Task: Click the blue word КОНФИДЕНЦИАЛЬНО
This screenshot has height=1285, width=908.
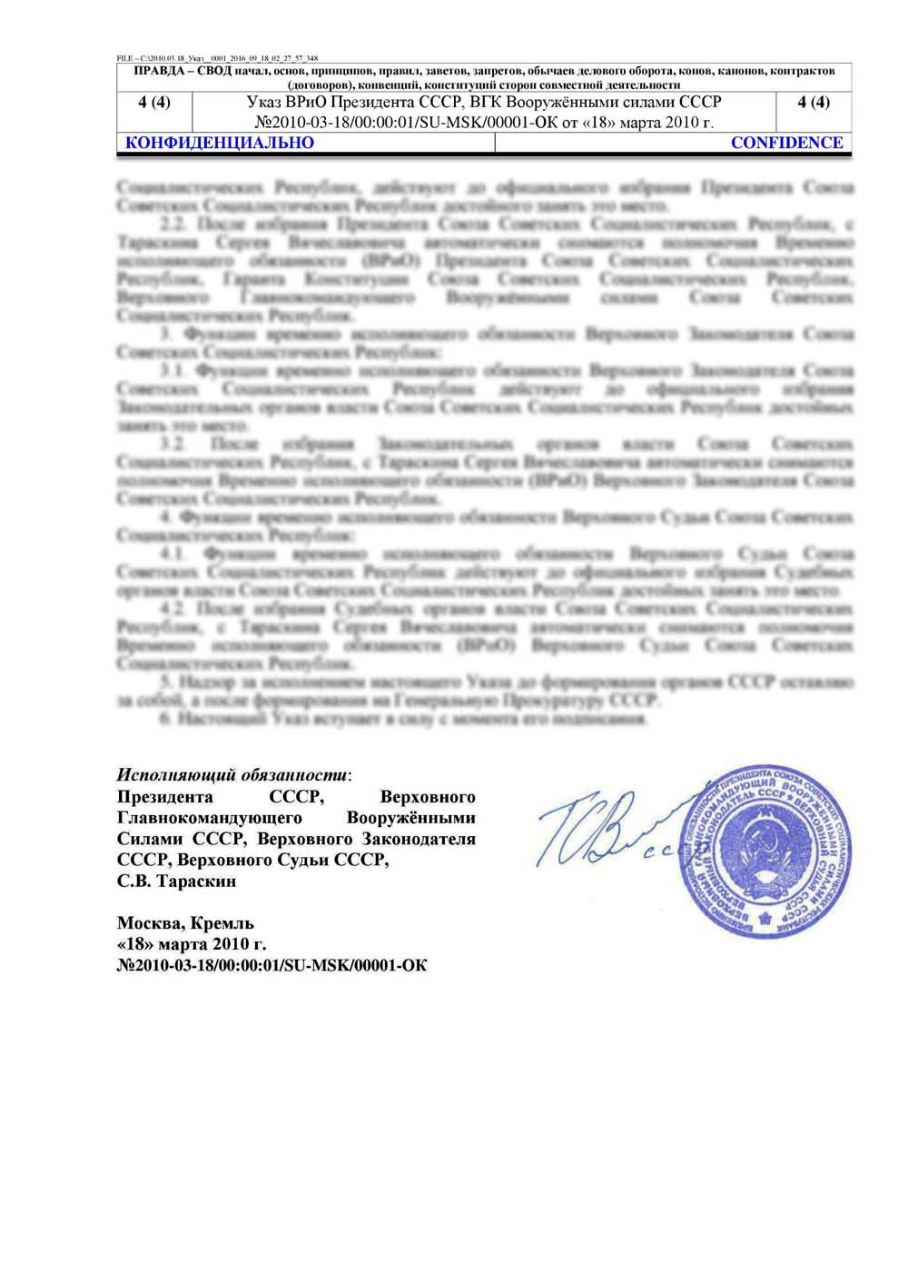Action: pos(219,143)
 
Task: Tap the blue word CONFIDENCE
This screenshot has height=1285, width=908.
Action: pos(786,143)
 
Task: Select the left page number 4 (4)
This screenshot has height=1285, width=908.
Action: pos(154,103)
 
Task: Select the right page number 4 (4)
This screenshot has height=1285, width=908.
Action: pos(814,103)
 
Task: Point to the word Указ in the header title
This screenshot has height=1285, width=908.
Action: pos(265,103)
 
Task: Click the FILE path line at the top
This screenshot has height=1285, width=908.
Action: pos(217,58)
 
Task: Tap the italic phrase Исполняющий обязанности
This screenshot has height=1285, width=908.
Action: pos(232,775)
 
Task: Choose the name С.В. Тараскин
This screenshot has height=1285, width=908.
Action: pos(176,881)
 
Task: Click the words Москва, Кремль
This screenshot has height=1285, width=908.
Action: pos(185,923)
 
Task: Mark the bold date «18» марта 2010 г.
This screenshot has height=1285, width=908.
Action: pos(192,944)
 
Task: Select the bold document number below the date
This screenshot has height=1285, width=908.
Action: pos(271,965)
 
